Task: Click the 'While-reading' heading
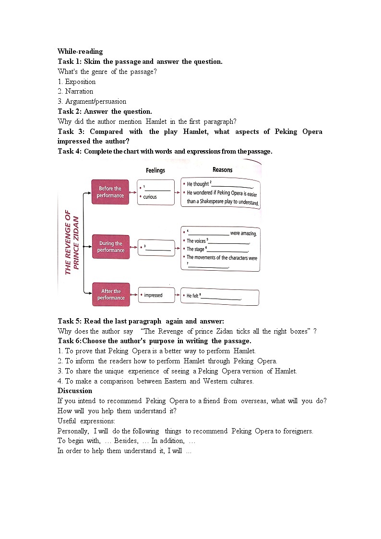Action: pyautogui.click(x=80, y=51)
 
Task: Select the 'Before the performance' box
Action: pyautogui.click(x=110, y=192)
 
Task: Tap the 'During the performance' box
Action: pyautogui.click(x=111, y=247)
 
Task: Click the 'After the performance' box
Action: pyautogui.click(x=111, y=294)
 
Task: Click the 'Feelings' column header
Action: pyautogui.click(x=155, y=170)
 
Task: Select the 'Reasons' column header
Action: pyautogui.click(x=222, y=170)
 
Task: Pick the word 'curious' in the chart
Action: pyautogui.click(x=150, y=197)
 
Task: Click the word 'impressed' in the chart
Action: pyautogui.click(x=153, y=295)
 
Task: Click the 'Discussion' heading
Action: pyautogui.click(x=75, y=391)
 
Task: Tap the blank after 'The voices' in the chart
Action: pyautogui.click(x=229, y=243)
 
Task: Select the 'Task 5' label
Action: pyautogui.click(x=71, y=321)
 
